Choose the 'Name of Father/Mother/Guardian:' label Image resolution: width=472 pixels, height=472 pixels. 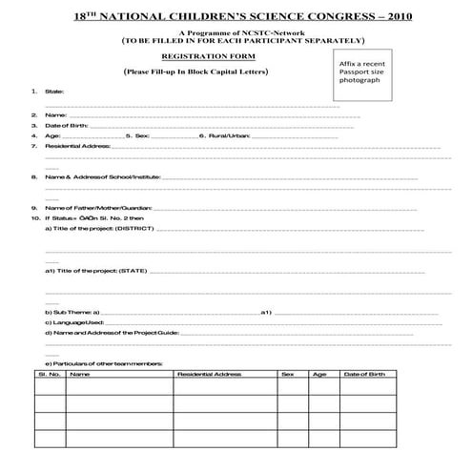pyautogui.click(x=97, y=208)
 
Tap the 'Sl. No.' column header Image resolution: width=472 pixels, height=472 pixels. pyautogui.click(x=49, y=375)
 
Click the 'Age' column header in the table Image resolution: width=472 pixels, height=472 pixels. pyautogui.click(x=319, y=375)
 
